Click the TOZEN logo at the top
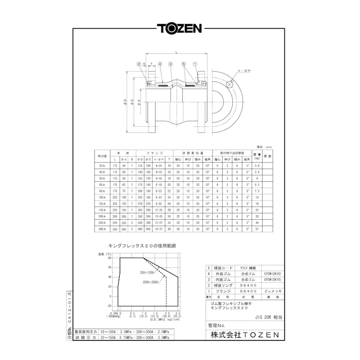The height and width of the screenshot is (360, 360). click(180, 28)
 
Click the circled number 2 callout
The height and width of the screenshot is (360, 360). click(138, 64)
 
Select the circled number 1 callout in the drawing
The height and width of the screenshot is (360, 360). click(195, 64)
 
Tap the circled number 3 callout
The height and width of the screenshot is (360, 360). click(171, 64)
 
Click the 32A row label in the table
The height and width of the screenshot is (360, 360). click(102, 166)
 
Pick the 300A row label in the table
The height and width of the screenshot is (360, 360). click(102, 229)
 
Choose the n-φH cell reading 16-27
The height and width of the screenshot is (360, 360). click(158, 229)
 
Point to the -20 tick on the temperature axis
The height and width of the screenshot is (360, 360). click(109, 305)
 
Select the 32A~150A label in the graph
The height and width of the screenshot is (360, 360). click(148, 272)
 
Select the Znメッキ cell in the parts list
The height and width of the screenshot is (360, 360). click(274, 291)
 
